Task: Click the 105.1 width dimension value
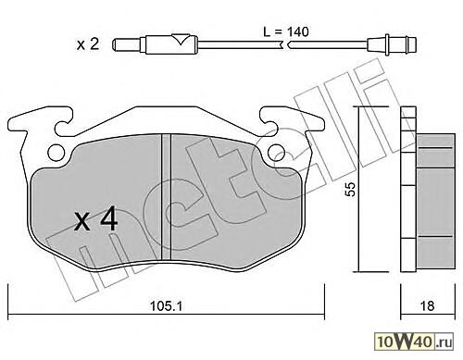coord(166,305)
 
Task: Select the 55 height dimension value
coord(350,189)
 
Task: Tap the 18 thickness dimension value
coord(427,305)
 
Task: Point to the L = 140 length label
coord(286,31)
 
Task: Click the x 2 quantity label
coord(88,44)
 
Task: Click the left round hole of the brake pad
coord(56,153)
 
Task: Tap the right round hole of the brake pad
coord(276,153)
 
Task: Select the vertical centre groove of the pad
coord(166,196)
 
